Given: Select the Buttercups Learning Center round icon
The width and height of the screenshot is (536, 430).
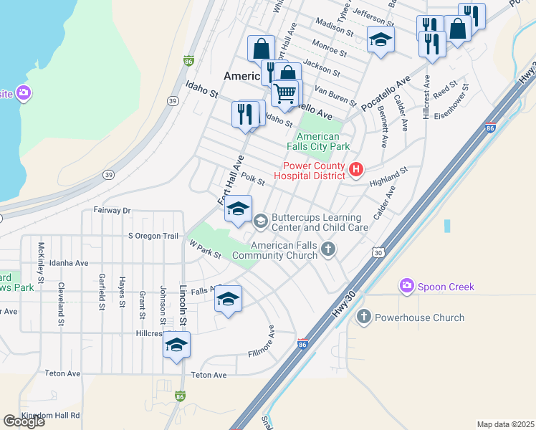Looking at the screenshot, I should pos(260,220).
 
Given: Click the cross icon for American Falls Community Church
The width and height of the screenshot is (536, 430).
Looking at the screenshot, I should pos(328,249).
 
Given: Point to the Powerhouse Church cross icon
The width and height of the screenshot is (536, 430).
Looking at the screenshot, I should pos(364,317).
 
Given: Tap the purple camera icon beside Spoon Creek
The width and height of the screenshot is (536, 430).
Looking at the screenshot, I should pos(407,287).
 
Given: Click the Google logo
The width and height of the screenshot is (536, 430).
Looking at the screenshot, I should pos(24,421).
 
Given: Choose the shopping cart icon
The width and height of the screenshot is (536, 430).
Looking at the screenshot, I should pos(285,93).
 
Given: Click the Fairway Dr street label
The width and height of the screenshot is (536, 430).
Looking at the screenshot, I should pos(112,211).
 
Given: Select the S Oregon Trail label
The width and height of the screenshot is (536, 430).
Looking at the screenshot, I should pos(153,236).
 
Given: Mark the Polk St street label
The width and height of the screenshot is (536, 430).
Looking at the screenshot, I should pos(253,179).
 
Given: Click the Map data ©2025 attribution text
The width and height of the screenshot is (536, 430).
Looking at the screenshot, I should pos(504,424).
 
